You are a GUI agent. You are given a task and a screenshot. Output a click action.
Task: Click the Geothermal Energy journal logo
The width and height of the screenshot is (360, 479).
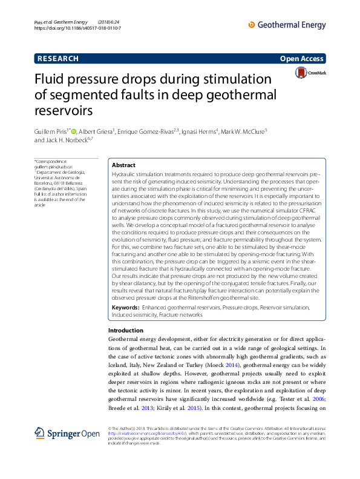(287, 25)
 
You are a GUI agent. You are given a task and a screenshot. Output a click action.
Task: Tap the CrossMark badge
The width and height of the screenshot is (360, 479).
(309, 73)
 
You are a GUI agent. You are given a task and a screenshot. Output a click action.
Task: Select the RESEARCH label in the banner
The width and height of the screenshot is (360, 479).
(58, 59)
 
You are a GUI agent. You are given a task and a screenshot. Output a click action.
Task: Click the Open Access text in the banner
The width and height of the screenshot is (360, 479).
(303, 59)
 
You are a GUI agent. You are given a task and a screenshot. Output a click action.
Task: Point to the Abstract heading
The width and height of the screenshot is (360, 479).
(123, 165)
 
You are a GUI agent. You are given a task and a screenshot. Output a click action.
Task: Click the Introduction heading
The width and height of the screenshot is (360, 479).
(125, 331)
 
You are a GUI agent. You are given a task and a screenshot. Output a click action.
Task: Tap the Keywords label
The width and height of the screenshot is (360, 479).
(125, 308)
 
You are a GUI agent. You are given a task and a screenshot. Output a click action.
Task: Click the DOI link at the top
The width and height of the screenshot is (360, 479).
(77, 28)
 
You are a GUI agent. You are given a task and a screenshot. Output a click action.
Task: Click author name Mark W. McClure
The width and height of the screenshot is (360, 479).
(242, 131)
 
